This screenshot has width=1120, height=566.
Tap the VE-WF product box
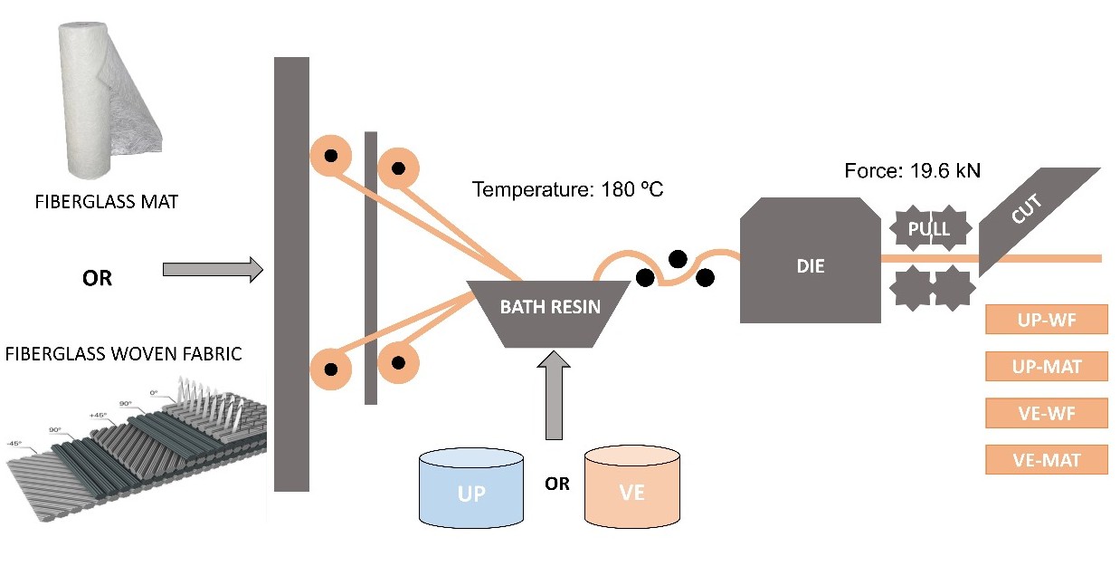(x=1046, y=413)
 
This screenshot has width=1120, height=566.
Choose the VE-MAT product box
(x=1046, y=459)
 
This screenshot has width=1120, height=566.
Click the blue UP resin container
(x=471, y=489)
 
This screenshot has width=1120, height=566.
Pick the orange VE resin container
(x=631, y=489)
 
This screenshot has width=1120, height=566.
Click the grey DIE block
(x=811, y=266)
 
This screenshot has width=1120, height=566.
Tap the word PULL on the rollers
(x=929, y=229)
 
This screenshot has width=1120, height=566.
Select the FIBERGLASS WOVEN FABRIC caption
(x=124, y=352)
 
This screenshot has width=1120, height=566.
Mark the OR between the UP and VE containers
(x=557, y=484)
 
